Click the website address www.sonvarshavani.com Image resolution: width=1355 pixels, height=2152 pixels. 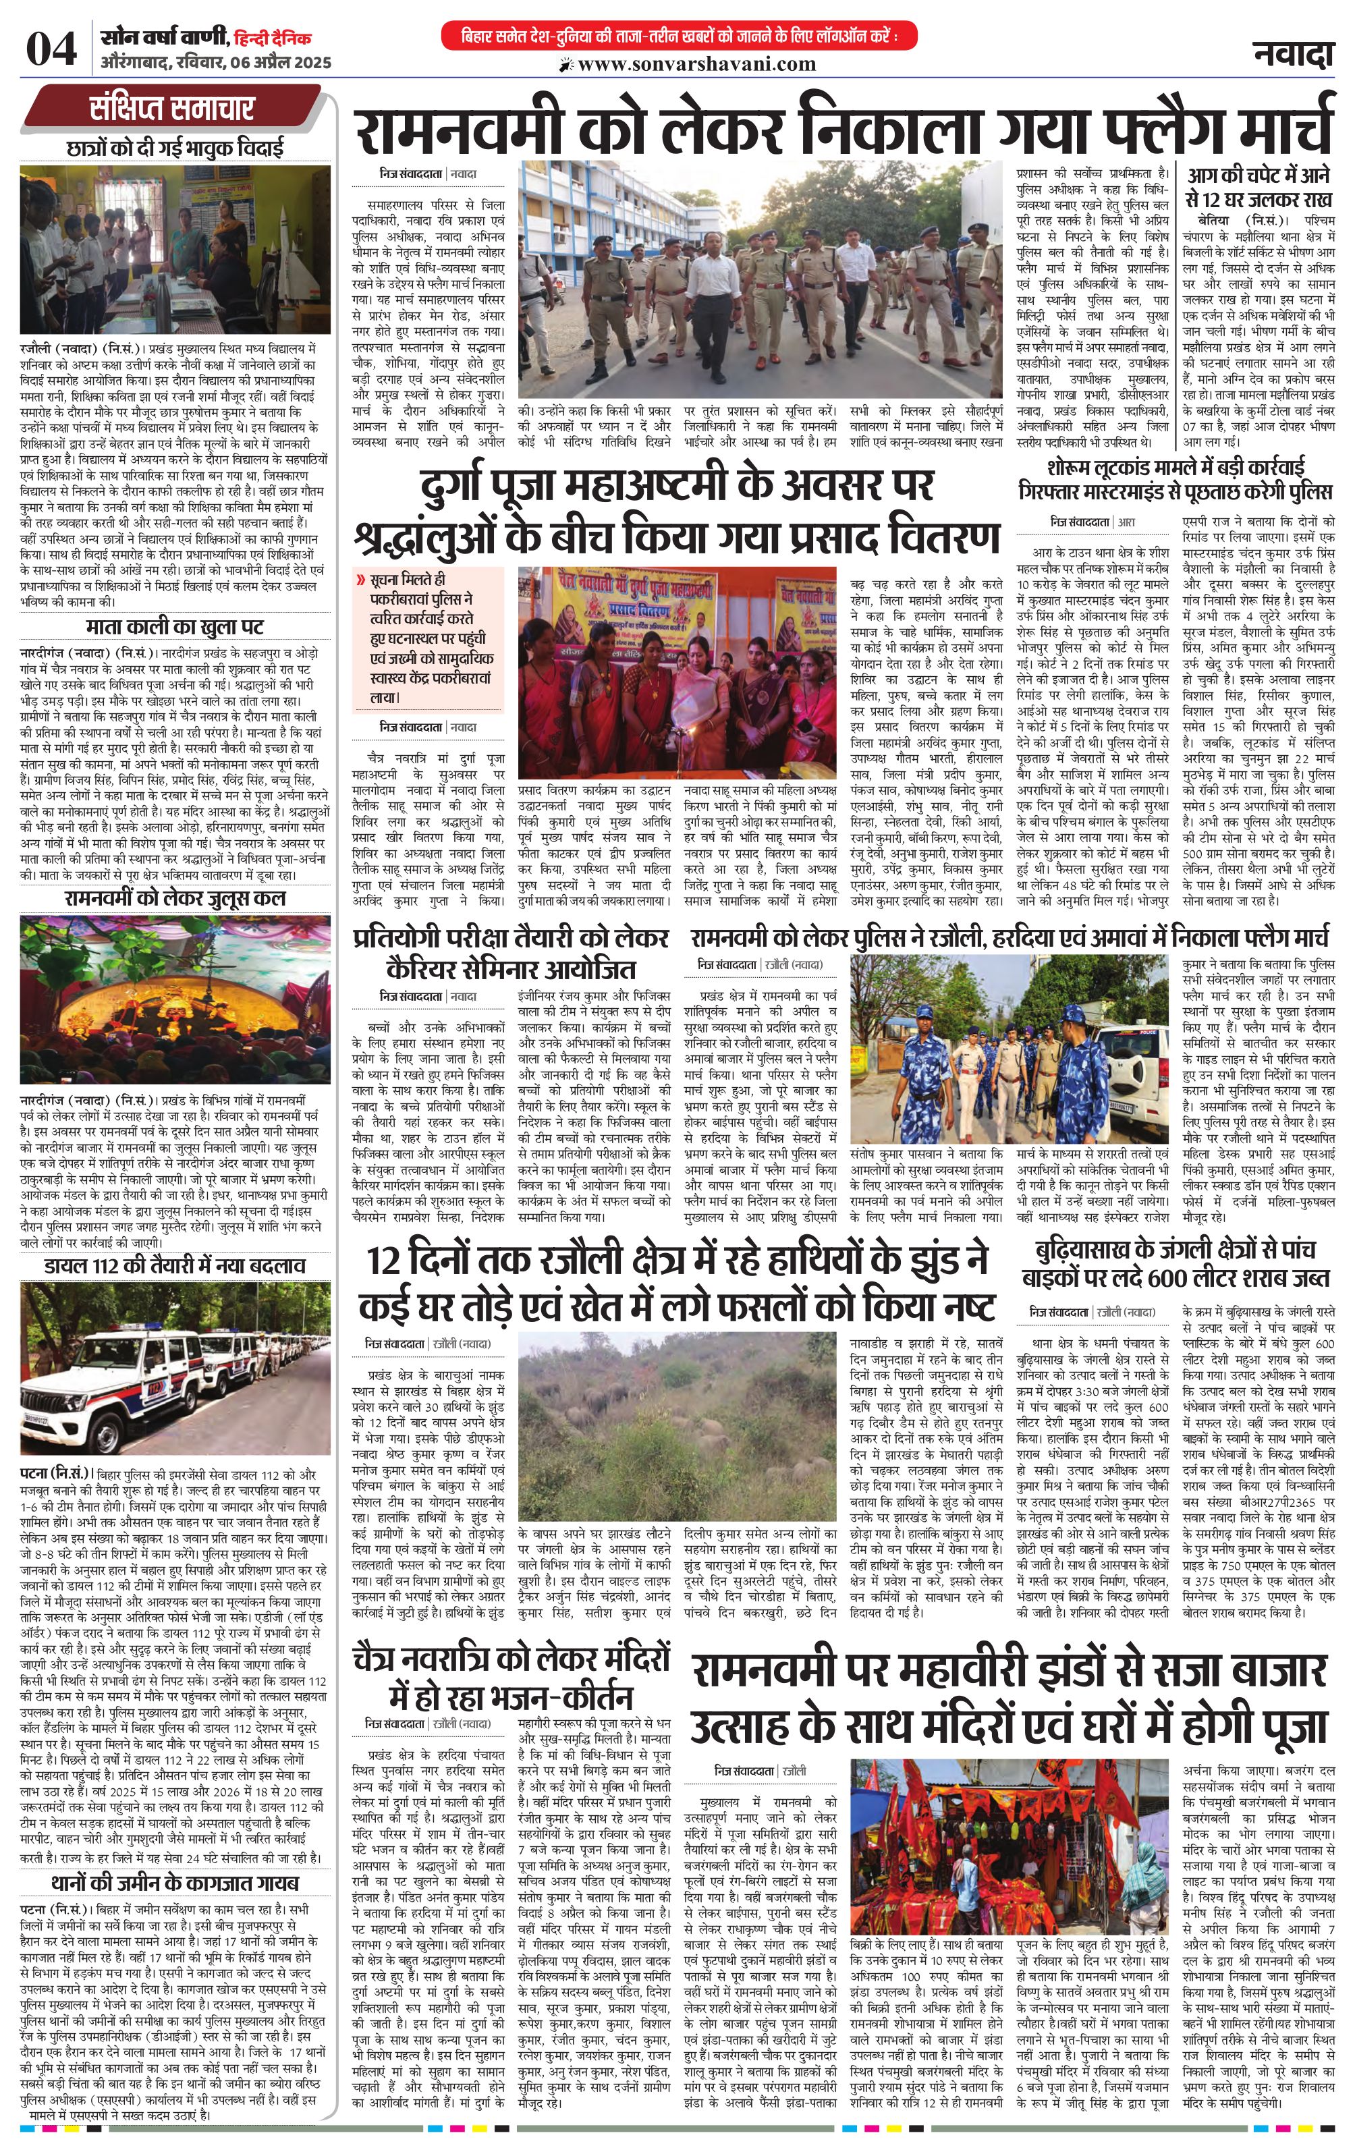[x=696, y=63]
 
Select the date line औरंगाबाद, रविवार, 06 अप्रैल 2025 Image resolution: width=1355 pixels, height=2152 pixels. [x=217, y=63]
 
